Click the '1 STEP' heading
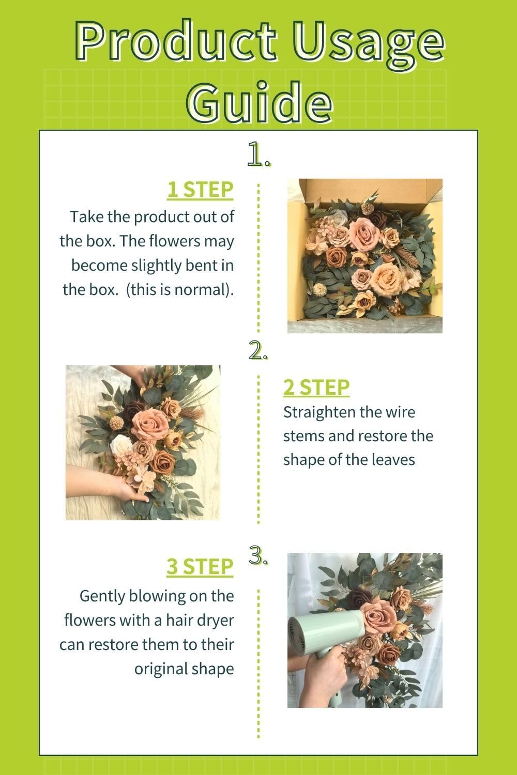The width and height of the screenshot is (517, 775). click(x=200, y=190)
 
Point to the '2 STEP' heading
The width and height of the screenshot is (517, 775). click(x=316, y=387)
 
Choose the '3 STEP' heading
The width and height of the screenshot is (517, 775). click(x=200, y=566)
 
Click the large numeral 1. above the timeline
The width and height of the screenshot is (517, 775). click(x=258, y=154)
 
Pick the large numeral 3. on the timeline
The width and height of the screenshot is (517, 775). click(x=258, y=556)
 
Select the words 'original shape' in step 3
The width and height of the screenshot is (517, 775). click(x=184, y=669)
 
